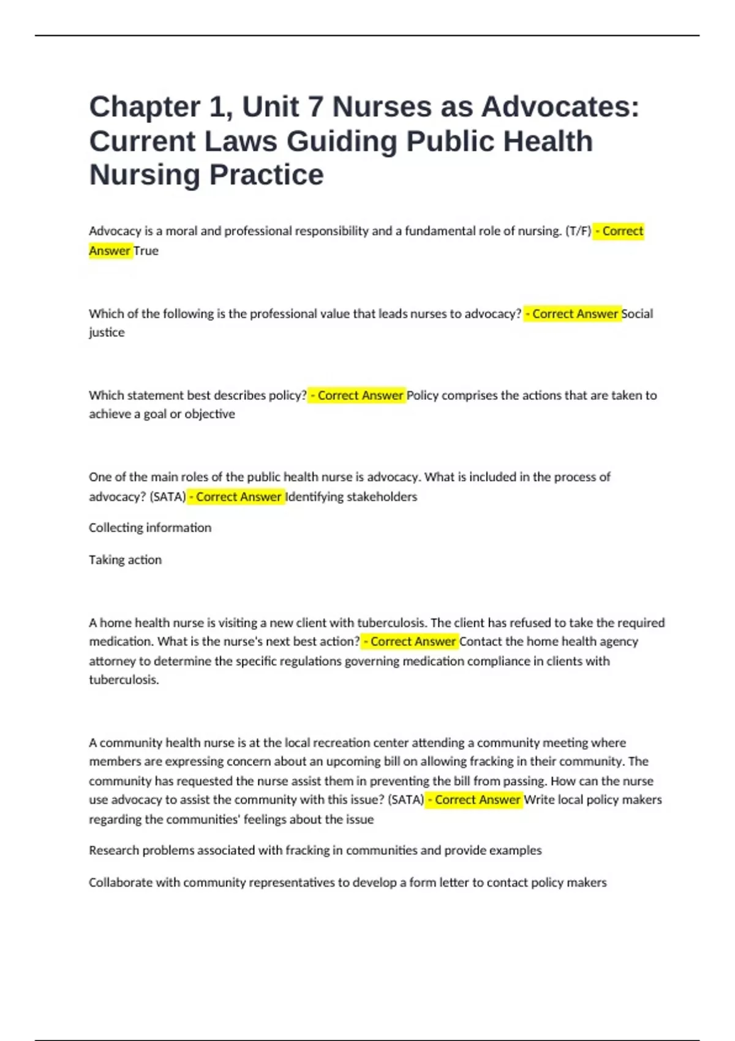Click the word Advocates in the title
click(560, 107)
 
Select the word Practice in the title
click(266, 175)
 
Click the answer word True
click(146, 251)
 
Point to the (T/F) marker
click(578, 231)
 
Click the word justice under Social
click(107, 333)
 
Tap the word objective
click(209, 414)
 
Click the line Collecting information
click(150, 528)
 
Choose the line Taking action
click(125, 560)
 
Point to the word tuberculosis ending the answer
click(123, 680)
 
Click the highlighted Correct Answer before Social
click(572, 314)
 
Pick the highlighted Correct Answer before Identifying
click(236, 497)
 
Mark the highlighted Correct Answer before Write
click(475, 800)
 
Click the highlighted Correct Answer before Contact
click(410, 642)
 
